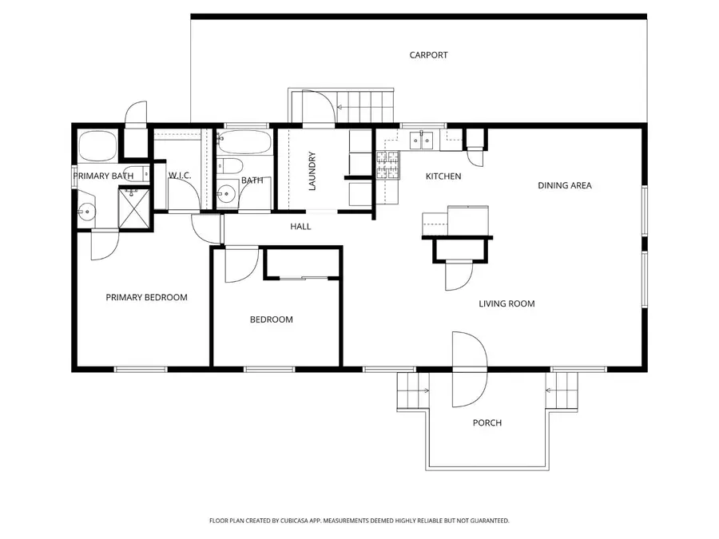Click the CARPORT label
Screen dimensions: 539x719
[428, 55]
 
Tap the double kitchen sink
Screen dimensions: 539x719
[421, 141]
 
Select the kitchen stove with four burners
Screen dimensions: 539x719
[388, 165]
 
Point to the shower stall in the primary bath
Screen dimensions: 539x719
[134, 208]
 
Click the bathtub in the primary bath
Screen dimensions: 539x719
[98, 146]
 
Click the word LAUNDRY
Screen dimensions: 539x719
[312, 170]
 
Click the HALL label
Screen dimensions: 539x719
[300, 227]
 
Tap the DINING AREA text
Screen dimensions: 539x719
[564, 185]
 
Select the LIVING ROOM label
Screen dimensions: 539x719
[506, 303]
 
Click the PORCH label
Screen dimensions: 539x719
[487, 422]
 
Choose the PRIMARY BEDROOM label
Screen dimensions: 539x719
[146, 297]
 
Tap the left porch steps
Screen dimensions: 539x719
[412, 391]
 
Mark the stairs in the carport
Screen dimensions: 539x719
[366, 102]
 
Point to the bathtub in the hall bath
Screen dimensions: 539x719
[243, 145]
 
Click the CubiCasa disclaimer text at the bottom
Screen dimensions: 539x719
[359, 521]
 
